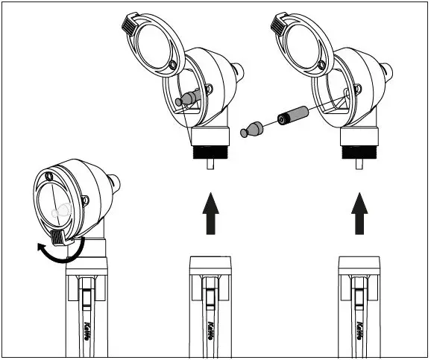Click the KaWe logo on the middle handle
tap(213, 328)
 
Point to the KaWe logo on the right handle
tap(362, 328)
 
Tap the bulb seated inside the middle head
tap(187, 98)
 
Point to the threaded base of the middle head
tap(209, 152)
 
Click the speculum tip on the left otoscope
tap(114, 182)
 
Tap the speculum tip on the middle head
tap(239, 72)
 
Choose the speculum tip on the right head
tap(388, 72)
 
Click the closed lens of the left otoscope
tap(57, 205)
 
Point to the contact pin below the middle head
tap(210, 165)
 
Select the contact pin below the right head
tap(359, 165)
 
